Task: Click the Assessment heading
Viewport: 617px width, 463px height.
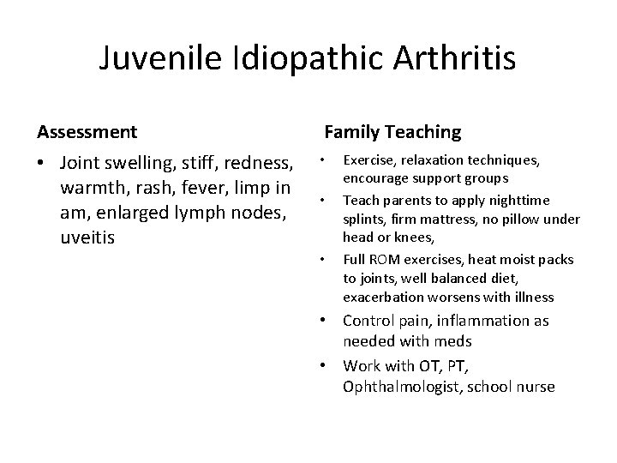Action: [x=87, y=132]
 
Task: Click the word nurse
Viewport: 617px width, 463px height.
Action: [x=536, y=387]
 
